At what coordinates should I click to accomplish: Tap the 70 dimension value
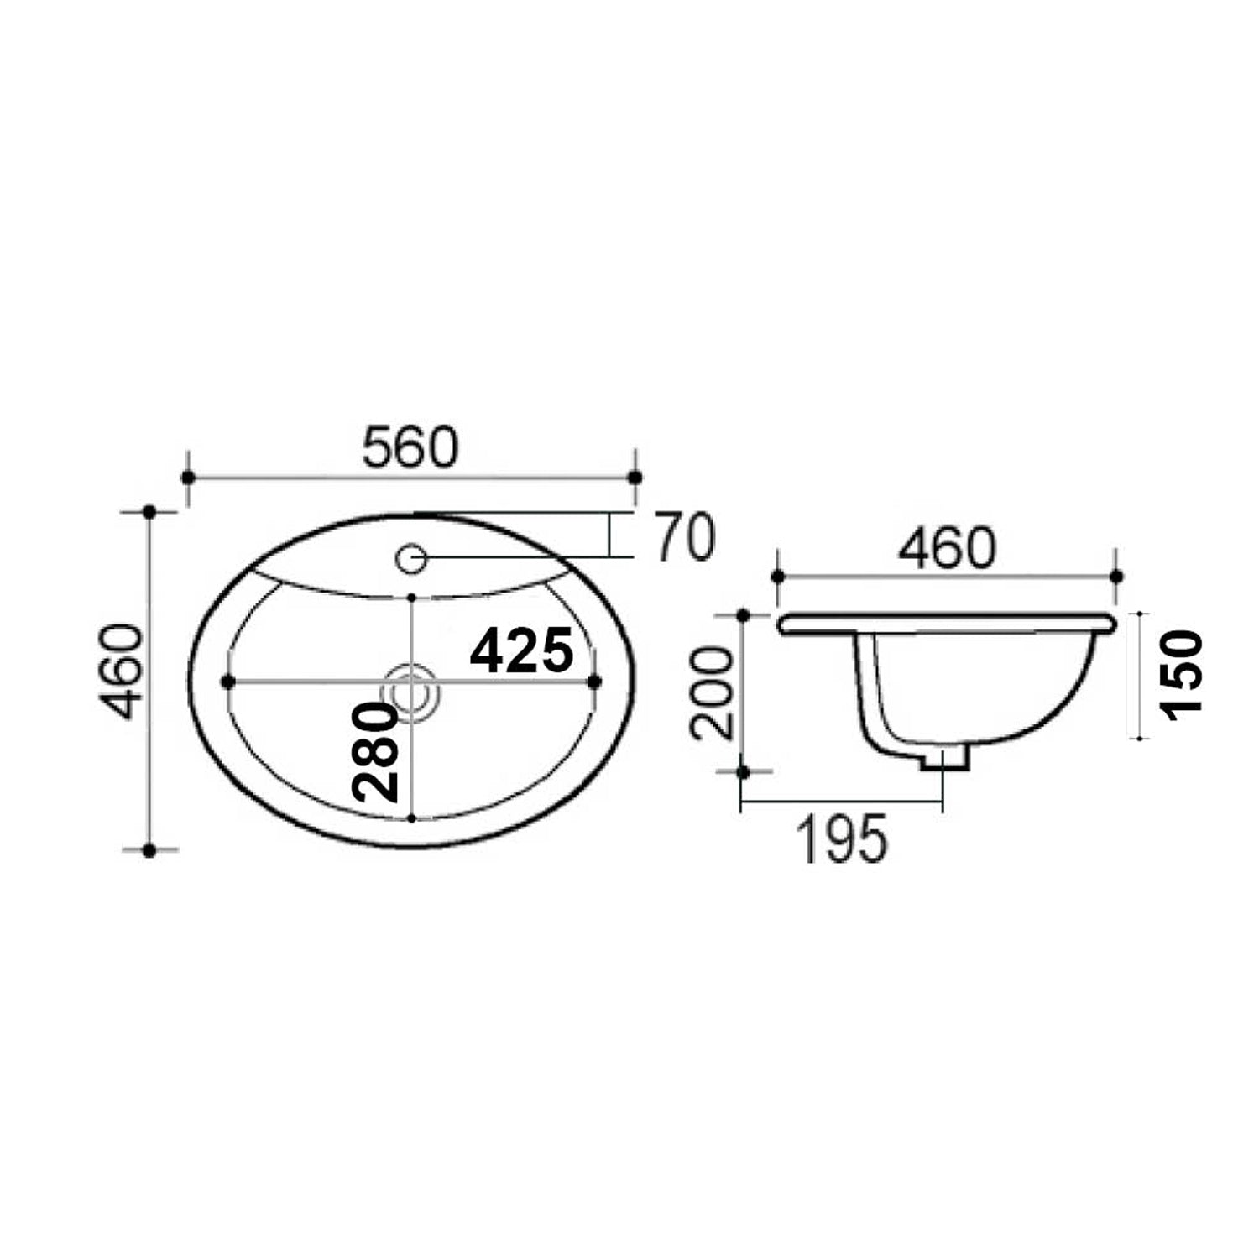tap(684, 538)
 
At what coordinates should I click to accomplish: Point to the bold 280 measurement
tap(374, 753)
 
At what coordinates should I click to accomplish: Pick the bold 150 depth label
tap(1183, 677)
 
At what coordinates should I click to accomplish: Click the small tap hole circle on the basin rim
tap(411, 558)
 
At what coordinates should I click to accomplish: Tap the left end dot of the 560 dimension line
tap(188, 478)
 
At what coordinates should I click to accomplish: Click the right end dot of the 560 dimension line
tap(635, 478)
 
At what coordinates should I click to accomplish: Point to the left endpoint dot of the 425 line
tap(227, 682)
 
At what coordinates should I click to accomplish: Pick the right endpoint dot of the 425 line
tap(594, 682)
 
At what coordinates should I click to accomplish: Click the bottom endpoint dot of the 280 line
tap(411, 817)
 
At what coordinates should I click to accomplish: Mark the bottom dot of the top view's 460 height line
tap(149, 850)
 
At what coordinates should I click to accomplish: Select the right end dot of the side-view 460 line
tap(1116, 576)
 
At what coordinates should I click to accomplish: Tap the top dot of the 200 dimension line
tap(743, 616)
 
